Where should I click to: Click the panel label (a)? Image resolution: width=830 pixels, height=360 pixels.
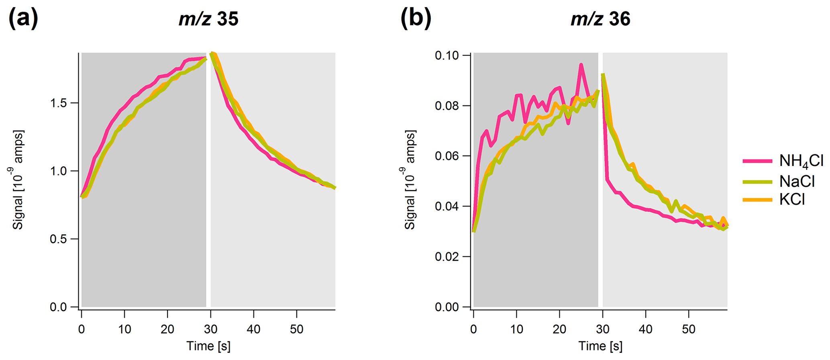point(23,18)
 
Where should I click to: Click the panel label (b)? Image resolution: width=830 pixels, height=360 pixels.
point(416,18)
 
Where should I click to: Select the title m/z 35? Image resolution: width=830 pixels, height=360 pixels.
point(208,19)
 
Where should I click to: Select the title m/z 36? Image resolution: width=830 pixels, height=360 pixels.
point(600,19)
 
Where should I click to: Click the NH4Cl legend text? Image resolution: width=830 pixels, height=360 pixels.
point(801,161)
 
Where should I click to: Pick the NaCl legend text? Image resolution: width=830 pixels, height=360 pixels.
point(797,182)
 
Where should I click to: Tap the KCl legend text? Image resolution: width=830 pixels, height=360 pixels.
point(792,200)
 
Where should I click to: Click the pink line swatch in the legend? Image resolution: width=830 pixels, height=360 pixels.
point(757,161)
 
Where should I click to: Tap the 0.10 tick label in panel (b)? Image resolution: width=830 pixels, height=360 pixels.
point(447,55)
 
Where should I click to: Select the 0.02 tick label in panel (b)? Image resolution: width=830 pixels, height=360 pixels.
point(447,257)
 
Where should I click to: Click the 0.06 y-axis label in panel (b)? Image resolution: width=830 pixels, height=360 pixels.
point(447,156)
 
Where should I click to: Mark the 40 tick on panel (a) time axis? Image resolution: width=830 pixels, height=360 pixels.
point(254,329)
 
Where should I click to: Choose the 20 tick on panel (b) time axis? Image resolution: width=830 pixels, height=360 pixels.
point(559,329)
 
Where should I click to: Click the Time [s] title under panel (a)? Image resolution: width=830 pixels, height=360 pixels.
point(208,346)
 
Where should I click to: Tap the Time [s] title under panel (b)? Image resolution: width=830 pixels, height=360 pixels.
point(600,346)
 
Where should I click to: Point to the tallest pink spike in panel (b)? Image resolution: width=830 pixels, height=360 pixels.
point(581,65)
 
